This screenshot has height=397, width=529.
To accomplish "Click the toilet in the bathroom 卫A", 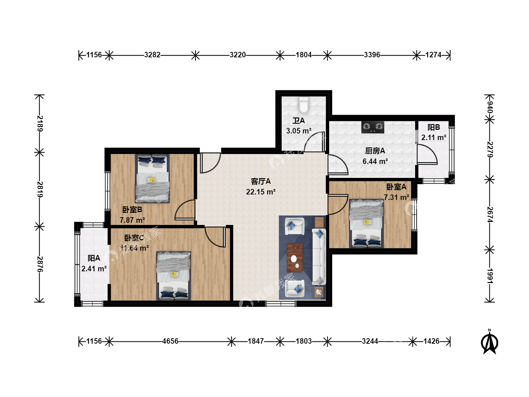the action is click(x=303, y=105).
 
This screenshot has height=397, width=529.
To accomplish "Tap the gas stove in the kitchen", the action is click(x=373, y=127).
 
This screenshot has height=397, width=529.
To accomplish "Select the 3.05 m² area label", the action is click(x=299, y=131).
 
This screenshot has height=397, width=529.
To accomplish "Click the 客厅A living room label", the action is click(x=260, y=181).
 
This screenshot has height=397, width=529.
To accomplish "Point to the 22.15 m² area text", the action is click(x=260, y=192).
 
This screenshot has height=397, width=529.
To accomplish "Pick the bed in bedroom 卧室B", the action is click(x=152, y=178).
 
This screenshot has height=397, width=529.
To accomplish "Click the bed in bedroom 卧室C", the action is click(x=173, y=276).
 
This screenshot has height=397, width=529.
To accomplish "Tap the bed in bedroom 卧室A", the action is click(x=367, y=223).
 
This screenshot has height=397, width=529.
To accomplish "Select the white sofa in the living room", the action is click(x=319, y=257).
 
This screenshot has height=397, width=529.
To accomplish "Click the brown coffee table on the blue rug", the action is click(x=295, y=258).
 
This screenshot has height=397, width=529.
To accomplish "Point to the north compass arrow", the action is click(x=489, y=342).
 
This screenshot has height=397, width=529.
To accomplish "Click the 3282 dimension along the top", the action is click(x=152, y=55).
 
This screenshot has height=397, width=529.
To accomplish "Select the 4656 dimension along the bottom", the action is click(x=170, y=341).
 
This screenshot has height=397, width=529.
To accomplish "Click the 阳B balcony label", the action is click(x=433, y=127).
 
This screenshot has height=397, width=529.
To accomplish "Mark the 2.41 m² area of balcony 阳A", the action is click(x=94, y=268).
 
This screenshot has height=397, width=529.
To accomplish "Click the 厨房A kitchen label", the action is click(x=375, y=151).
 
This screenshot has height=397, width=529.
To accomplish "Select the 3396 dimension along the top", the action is click(x=372, y=55).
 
